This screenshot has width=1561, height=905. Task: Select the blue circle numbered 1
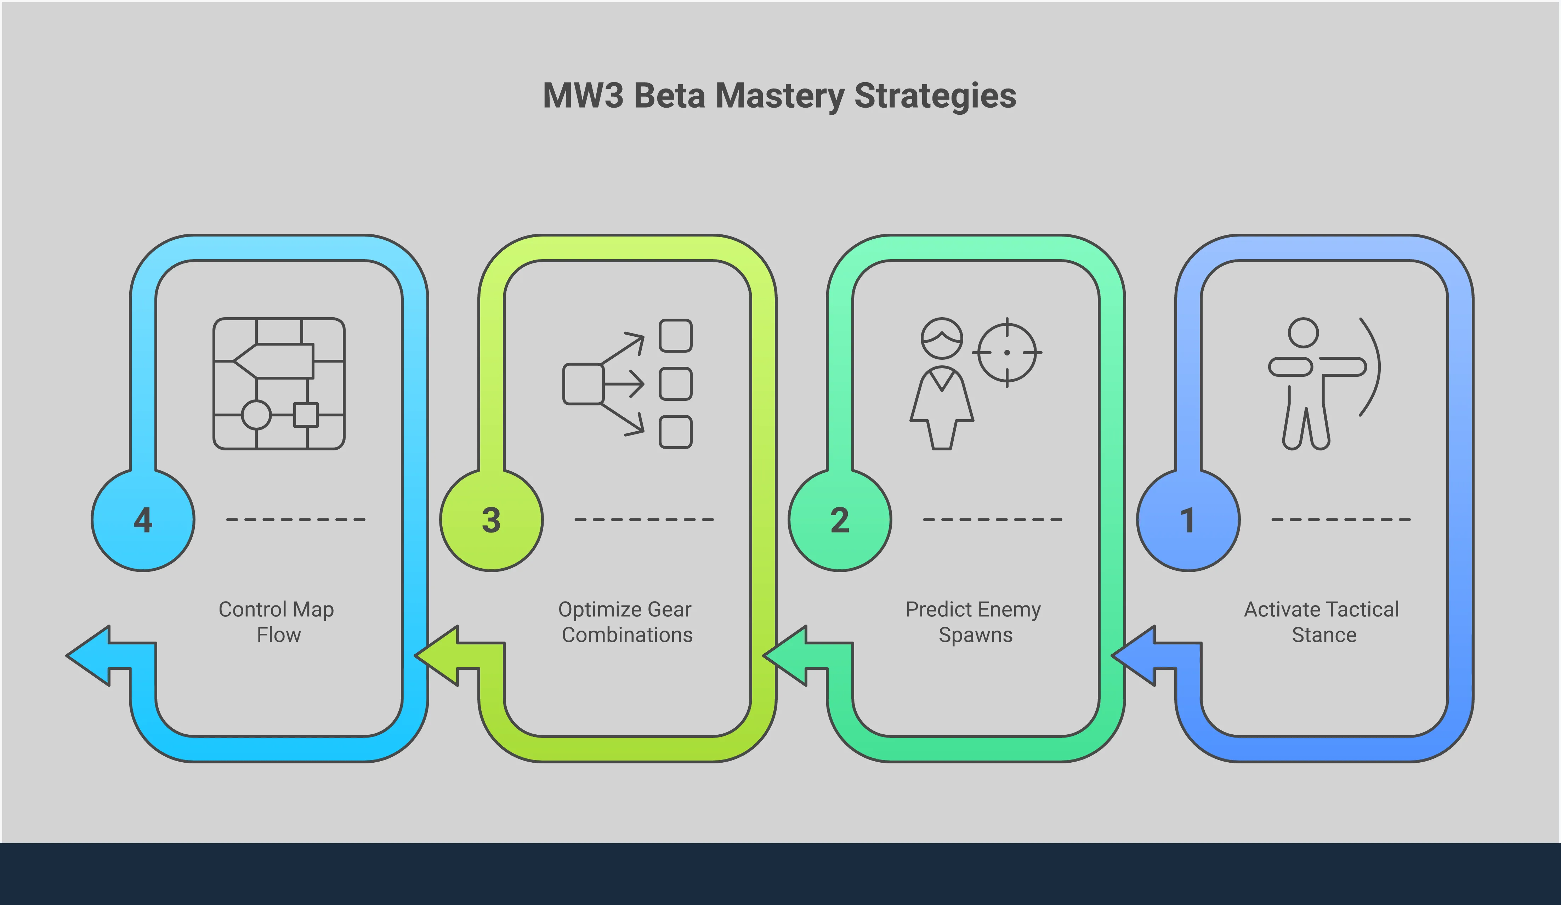(x=1188, y=520)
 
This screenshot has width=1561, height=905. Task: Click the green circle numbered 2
(x=840, y=520)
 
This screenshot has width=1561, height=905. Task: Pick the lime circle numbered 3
(x=491, y=520)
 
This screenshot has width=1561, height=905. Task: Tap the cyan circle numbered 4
(x=143, y=520)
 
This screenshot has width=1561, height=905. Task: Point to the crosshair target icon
(x=1006, y=352)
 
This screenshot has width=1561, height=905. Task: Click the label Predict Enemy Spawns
(x=974, y=622)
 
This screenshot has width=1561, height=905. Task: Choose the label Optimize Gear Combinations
(x=626, y=622)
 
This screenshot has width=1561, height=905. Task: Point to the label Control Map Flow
(x=277, y=622)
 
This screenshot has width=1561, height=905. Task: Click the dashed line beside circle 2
(x=992, y=519)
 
